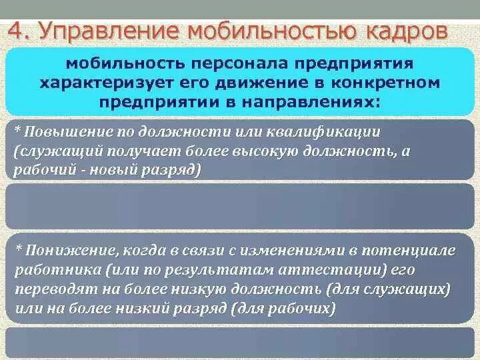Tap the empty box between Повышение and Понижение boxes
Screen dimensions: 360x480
pyautogui.click(x=239, y=207)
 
